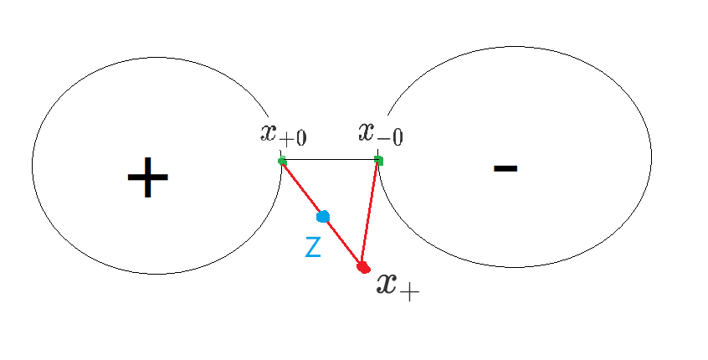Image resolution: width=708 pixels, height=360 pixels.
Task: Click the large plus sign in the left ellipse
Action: click(x=148, y=177)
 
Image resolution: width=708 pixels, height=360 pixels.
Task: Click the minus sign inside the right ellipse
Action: click(x=505, y=168)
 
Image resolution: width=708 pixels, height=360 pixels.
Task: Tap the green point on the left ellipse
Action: click(x=282, y=161)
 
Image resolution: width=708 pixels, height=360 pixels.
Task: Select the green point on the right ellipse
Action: click(x=379, y=161)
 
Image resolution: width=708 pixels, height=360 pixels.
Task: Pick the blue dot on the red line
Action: click(x=323, y=217)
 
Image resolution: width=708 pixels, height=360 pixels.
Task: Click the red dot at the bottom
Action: click(x=363, y=268)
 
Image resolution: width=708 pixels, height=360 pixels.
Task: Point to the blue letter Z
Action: click(x=313, y=247)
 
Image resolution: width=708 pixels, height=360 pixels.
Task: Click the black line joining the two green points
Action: click(x=331, y=159)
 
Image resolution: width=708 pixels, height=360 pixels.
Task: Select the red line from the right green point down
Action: click(x=370, y=213)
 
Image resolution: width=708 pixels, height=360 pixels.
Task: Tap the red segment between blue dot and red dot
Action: click(x=344, y=242)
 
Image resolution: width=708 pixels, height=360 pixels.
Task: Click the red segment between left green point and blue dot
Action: click(x=302, y=189)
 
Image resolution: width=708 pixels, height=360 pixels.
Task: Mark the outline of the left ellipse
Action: click(x=33, y=165)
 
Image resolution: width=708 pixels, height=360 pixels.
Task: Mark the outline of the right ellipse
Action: click(x=651, y=157)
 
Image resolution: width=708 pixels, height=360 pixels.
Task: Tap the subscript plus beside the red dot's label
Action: click(x=409, y=293)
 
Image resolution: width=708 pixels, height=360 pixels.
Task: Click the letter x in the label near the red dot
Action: click(x=387, y=284)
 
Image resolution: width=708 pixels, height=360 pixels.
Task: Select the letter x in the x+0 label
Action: click(x=269, y=132)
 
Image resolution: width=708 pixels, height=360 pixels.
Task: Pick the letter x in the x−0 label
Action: click(x=367, y=131)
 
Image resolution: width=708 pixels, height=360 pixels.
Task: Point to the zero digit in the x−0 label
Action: click(x=397, y=137)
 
